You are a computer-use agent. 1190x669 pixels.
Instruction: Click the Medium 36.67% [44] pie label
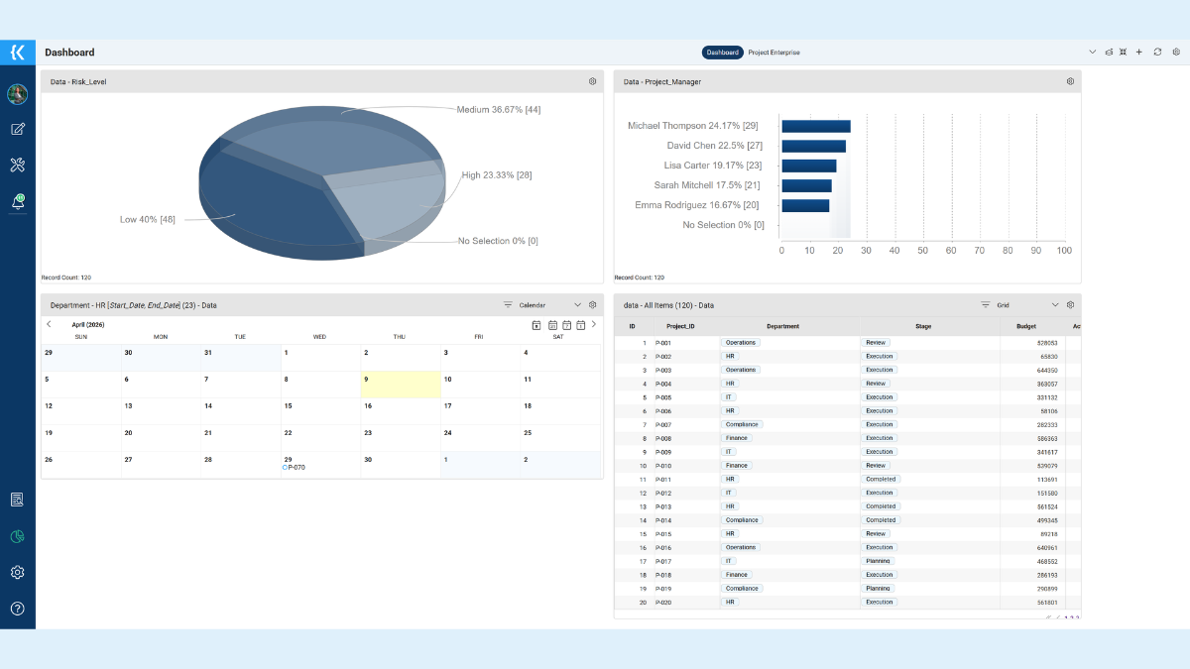tap(498, 109)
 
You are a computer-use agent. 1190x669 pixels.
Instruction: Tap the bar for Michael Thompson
tap(815, 126)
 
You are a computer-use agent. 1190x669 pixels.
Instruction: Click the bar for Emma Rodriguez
tap(805, 205)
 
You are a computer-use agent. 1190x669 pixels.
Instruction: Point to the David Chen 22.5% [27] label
tap(714, 146)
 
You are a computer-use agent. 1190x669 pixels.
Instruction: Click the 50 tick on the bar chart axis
tap(923, 251)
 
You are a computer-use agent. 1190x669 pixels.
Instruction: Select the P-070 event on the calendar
tap(294, 467)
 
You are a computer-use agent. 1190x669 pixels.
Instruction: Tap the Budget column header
tap(1025, 326)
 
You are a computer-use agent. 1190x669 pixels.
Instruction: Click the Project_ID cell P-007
tap(663, 424)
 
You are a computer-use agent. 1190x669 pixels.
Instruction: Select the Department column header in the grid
tap(782, 326)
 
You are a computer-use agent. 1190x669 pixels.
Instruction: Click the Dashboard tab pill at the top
tap(723, 53)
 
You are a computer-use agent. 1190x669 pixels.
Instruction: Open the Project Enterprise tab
tap(773, 53)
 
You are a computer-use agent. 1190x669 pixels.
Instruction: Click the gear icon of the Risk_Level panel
tap(592, 81)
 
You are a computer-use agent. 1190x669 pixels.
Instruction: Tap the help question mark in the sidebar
tap(17, 609)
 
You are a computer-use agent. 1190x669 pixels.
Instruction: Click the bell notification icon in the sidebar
tap(17, 201)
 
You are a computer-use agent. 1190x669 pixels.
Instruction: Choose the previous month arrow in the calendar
tap(49, 324)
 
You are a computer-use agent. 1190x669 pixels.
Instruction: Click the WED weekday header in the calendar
tap(319, 337)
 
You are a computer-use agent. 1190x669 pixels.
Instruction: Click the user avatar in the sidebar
tap(17, 94)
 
